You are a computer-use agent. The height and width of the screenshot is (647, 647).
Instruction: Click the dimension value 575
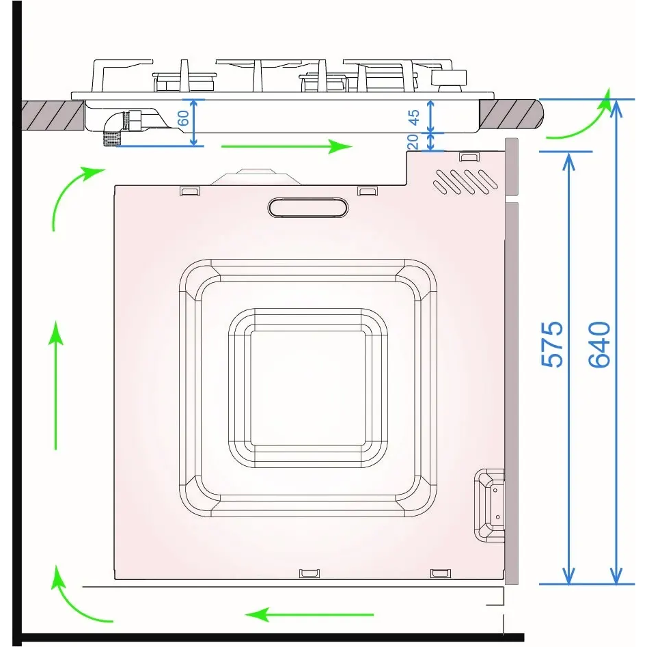[x=553, y=344]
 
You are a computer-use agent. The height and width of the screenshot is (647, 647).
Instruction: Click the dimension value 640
[x=599, y=344]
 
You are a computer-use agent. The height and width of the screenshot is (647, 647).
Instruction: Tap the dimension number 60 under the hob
[x=183, y=118]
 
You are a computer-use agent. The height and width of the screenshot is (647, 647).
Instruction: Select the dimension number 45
[x=414, y=117]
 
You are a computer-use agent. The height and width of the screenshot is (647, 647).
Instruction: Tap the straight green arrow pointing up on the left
[x=57, y=386]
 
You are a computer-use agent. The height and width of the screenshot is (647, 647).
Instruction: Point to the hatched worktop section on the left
[x=51, y=114]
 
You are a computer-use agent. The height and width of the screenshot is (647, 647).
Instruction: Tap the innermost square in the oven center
[x=307, y=387]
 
